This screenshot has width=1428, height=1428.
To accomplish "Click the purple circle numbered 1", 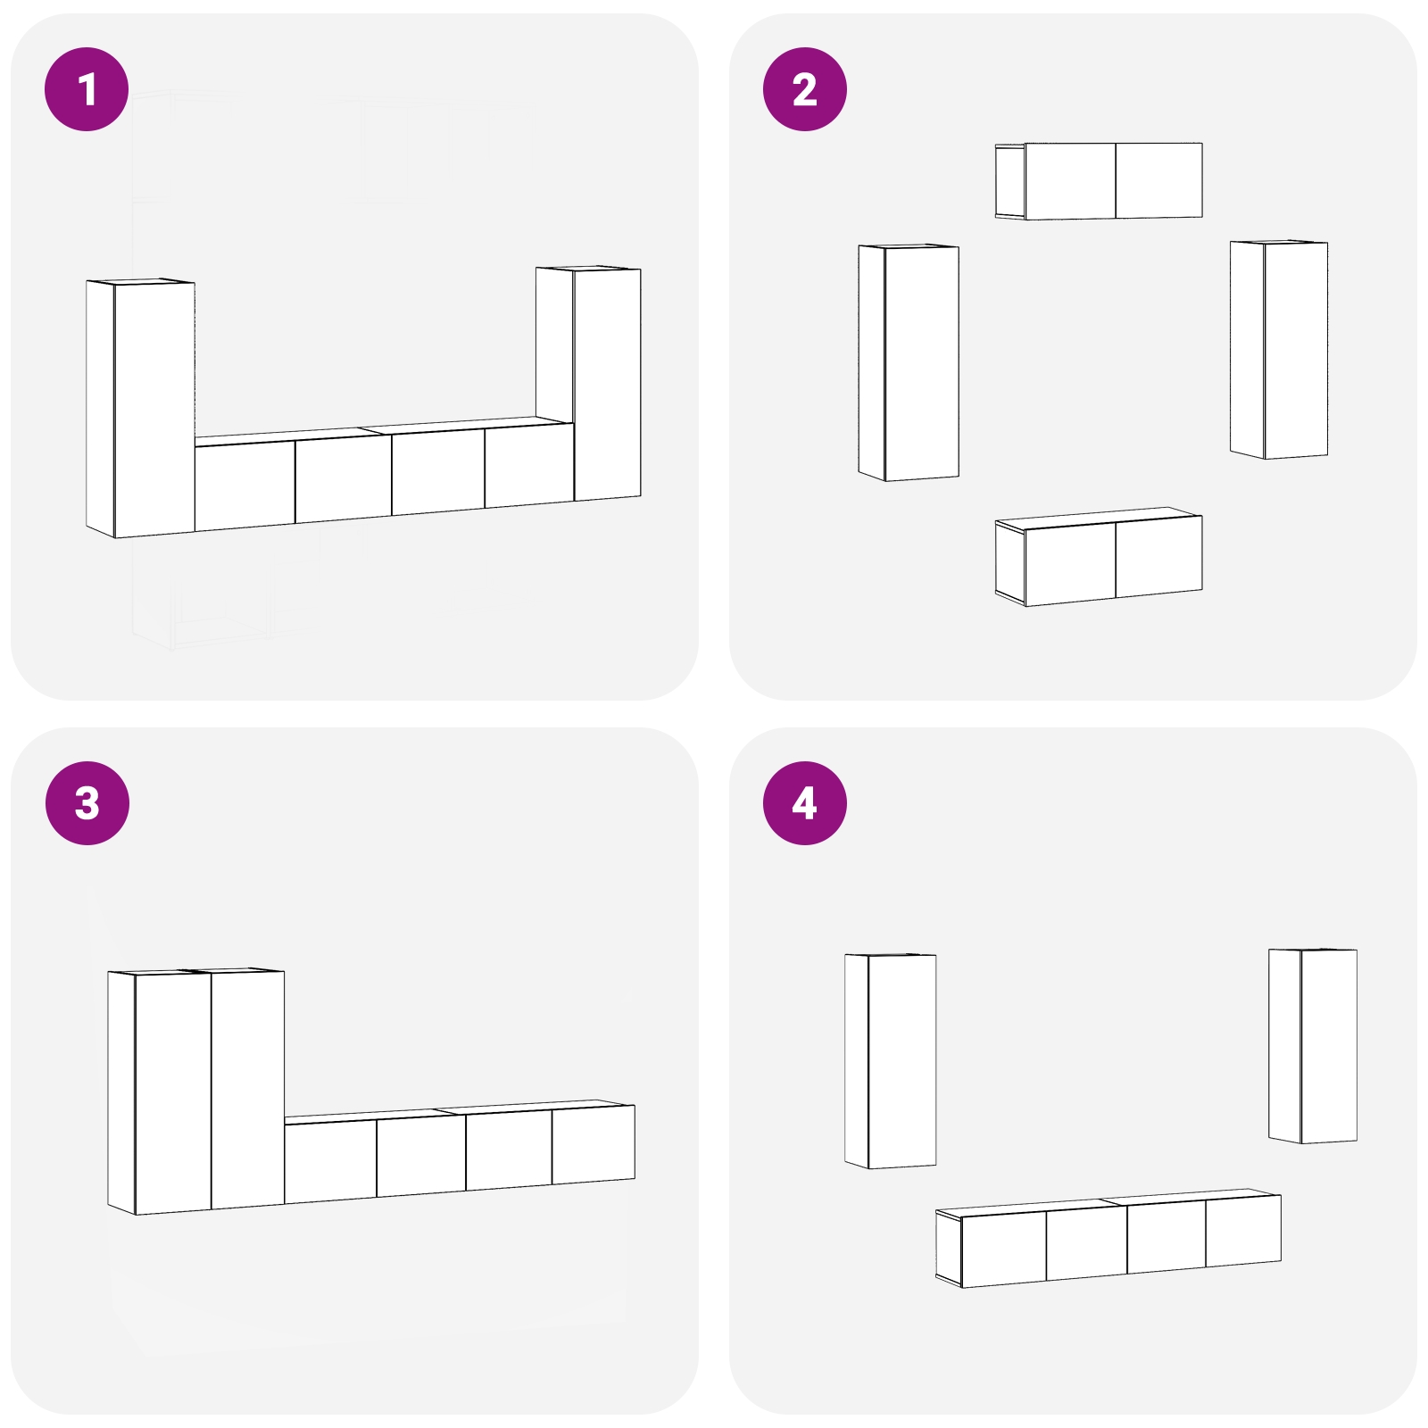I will (x=87, y=89).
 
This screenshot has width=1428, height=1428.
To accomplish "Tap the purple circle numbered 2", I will (x=804, y=89).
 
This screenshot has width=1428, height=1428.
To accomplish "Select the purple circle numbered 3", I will (x=87, y=802).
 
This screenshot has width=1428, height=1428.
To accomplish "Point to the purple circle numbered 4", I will (x=804, y=802).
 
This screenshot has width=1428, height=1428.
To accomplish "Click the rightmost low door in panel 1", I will (x=528, y=467).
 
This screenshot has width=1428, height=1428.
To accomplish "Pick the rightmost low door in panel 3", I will (x=593, y=1145).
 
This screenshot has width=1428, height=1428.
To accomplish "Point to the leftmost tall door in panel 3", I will (x=172, y=1092).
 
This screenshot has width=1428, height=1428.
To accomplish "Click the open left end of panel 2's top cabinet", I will (x=1009, y=181).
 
